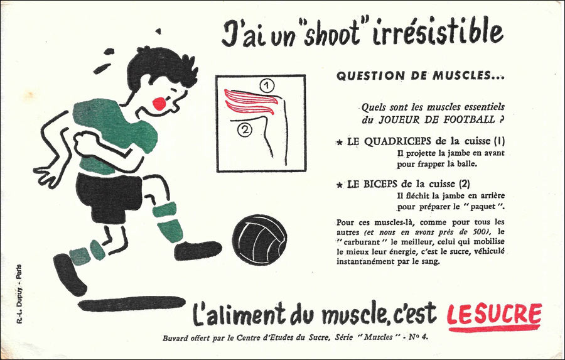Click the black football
coord(259,240)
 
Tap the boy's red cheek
coord(159,103)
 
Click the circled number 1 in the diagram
coord(267,86)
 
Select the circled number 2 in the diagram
coord(245,130)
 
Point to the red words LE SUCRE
coord(495,315)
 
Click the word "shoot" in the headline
coord(331,33)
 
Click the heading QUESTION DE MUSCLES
coord(421,76)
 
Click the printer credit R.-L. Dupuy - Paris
coord(19,294)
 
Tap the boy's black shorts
coord(108,197)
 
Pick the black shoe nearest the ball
coord(198,250)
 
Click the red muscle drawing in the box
coord(250,102)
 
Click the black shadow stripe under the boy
coord(132,303)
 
